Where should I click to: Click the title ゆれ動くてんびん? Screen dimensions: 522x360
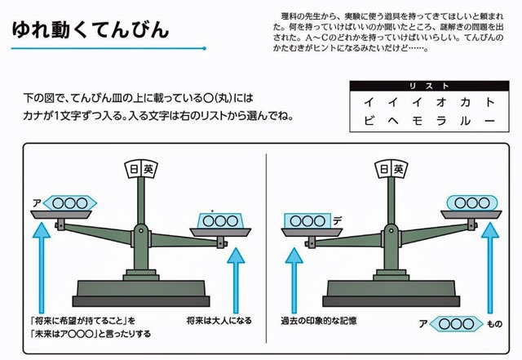pyautogui.click(x=91, y=29)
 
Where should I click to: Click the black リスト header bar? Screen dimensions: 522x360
pyautogui.click(x=429, y=86)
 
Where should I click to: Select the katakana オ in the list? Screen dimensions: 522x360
pyautogui.click(x=441, y=102)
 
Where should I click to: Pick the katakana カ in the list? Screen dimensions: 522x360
pyautogui.click(x=465, y=102)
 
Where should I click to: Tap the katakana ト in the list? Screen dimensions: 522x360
pyautogui.click(x=489, y=102)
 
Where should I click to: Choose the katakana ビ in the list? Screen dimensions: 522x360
pyautogui.click(x=369, y=120)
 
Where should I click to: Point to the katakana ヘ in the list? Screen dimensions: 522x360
pyautogui.click(x=393, y=121)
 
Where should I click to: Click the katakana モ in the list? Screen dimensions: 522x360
pyautogui.click(x=417, y=121)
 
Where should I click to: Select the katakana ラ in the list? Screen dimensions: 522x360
pyautogui.click(x=441, y=121)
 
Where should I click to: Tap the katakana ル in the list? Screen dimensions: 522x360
pyautogui.click(x=465, y=121)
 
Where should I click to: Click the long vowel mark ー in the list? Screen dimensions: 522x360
pyautogui.click(x=489, y=121)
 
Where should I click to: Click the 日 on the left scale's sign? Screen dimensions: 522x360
pyautogui.click(x=134, y=169)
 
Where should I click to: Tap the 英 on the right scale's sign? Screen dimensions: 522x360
pyautogui.click(x=399, y=169)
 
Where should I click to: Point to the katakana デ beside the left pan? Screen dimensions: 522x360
pyautogui.click(x=337, y=220)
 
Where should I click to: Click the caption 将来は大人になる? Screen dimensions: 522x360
pyautogui.click(x=219, y=321)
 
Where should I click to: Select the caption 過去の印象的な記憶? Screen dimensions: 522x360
pyautogui.click(x=319, y=321)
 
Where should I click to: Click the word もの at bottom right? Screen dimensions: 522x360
pyautogui.click(x=495, y=323)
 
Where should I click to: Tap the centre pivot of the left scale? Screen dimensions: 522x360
pyautogui.click(x=141, y=231)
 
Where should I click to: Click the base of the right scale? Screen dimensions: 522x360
pyautogui.click(x=391, y=294)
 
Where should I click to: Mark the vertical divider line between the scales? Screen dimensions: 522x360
pyautogui.click(x=267, y=248)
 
